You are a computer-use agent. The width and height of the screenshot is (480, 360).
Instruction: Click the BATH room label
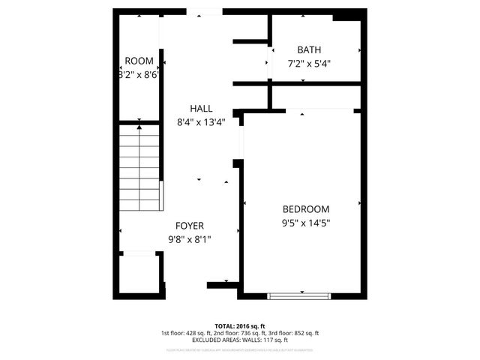click(308, 50)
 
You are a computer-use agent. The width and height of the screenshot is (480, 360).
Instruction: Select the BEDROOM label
click(305, 209)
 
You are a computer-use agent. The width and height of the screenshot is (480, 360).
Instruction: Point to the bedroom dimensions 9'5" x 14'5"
click(306, 223)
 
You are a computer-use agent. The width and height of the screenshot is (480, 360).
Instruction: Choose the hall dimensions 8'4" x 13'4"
click(200, 122)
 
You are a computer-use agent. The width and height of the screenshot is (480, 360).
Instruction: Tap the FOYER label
click(190, 226)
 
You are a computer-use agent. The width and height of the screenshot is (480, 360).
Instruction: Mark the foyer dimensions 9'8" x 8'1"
click(190, 239)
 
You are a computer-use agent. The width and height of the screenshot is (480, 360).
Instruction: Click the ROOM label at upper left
click(139, 61)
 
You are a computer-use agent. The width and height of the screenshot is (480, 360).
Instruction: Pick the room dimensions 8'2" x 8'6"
click(138, 75)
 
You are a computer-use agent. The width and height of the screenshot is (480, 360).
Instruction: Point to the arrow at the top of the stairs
click(139, 128)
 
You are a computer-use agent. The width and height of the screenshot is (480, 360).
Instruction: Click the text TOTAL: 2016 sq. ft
click(239, 325)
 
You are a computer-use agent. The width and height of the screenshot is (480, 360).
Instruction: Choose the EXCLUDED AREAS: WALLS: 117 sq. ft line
click(239, 340)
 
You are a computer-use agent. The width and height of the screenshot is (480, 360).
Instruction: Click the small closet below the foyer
click(139, 275)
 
